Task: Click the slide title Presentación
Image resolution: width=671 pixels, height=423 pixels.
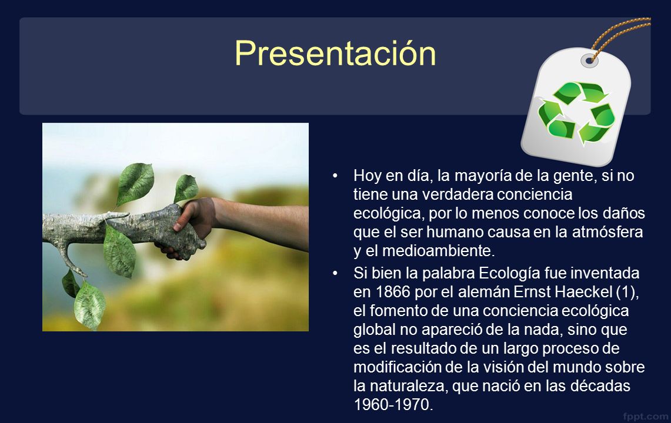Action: (335, 53)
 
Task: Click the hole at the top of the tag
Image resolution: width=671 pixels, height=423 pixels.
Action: (590, 61)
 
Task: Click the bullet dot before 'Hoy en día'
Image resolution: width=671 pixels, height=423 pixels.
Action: (335, 176)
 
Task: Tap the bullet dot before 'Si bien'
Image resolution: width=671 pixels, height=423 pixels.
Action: (335, 273)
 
